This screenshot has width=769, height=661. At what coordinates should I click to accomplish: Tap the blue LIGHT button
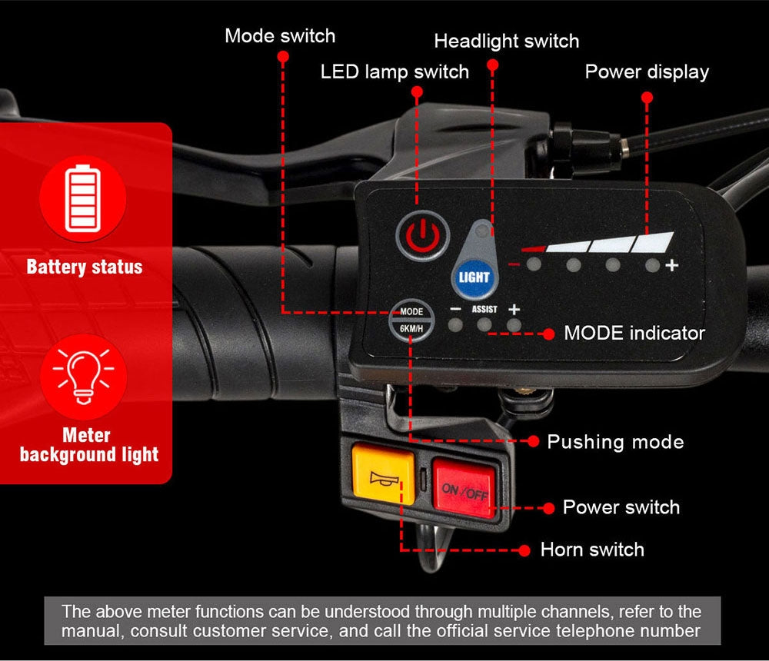[x=473, y=277]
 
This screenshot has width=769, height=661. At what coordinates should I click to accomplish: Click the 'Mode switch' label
[x=280, y=35]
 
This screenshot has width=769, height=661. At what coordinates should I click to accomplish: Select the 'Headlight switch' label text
[x=507, y=41]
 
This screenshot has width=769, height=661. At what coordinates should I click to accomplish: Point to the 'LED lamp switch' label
[x=394, y=71]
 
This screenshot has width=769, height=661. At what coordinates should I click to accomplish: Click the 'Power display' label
[x=647, y=71]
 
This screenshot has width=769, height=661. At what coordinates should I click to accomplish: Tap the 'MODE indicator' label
[x=634, y=333]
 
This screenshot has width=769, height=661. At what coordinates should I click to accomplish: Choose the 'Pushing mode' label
[x=615, y=442]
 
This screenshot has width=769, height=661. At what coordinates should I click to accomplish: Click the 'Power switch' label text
[x=621, y=507]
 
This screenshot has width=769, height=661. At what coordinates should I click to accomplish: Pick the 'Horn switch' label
[x=592, y=550]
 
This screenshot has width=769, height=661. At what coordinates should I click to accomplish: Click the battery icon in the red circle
[x=83, y=199]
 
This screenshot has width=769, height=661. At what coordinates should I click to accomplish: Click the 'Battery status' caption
[x=85, y=267]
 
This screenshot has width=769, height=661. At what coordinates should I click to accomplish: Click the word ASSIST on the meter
[x=484, y=309]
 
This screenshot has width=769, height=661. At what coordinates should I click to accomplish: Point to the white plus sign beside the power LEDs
[x=672, y=266]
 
